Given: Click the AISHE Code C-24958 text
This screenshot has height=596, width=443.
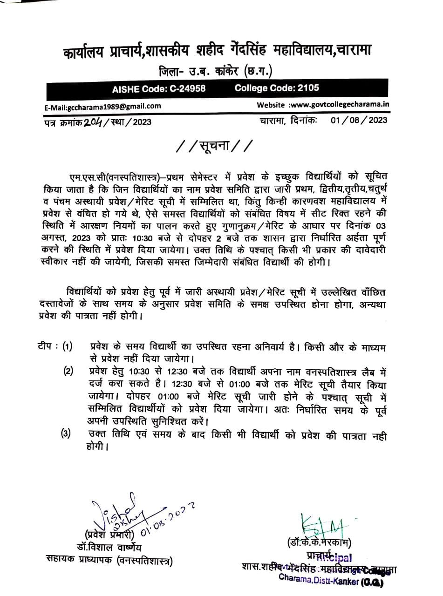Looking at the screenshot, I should (x=159, y=88).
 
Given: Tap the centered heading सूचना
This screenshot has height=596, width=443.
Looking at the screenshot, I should (x=214, y=147).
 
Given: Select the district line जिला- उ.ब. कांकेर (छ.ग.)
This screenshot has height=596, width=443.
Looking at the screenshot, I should (x=216, y=72).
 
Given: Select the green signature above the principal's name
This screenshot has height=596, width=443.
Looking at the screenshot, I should (x=322, y=524).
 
